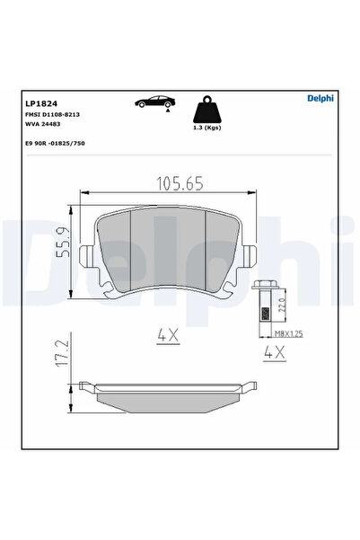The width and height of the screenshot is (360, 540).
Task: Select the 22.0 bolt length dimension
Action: tap(283, 305)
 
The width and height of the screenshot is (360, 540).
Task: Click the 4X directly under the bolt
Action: tap(274, 354)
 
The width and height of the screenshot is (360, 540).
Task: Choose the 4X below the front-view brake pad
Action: tap(170, 335)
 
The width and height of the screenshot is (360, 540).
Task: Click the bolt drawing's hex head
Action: tap(265, 288)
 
